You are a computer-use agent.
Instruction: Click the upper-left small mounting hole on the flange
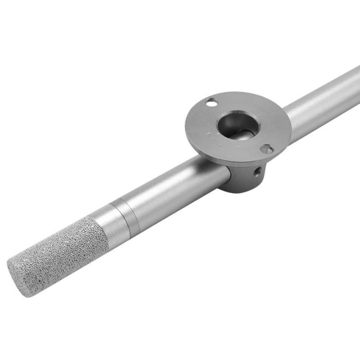pos(211,103)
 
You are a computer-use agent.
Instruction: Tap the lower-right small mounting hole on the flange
pos(267,148)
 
